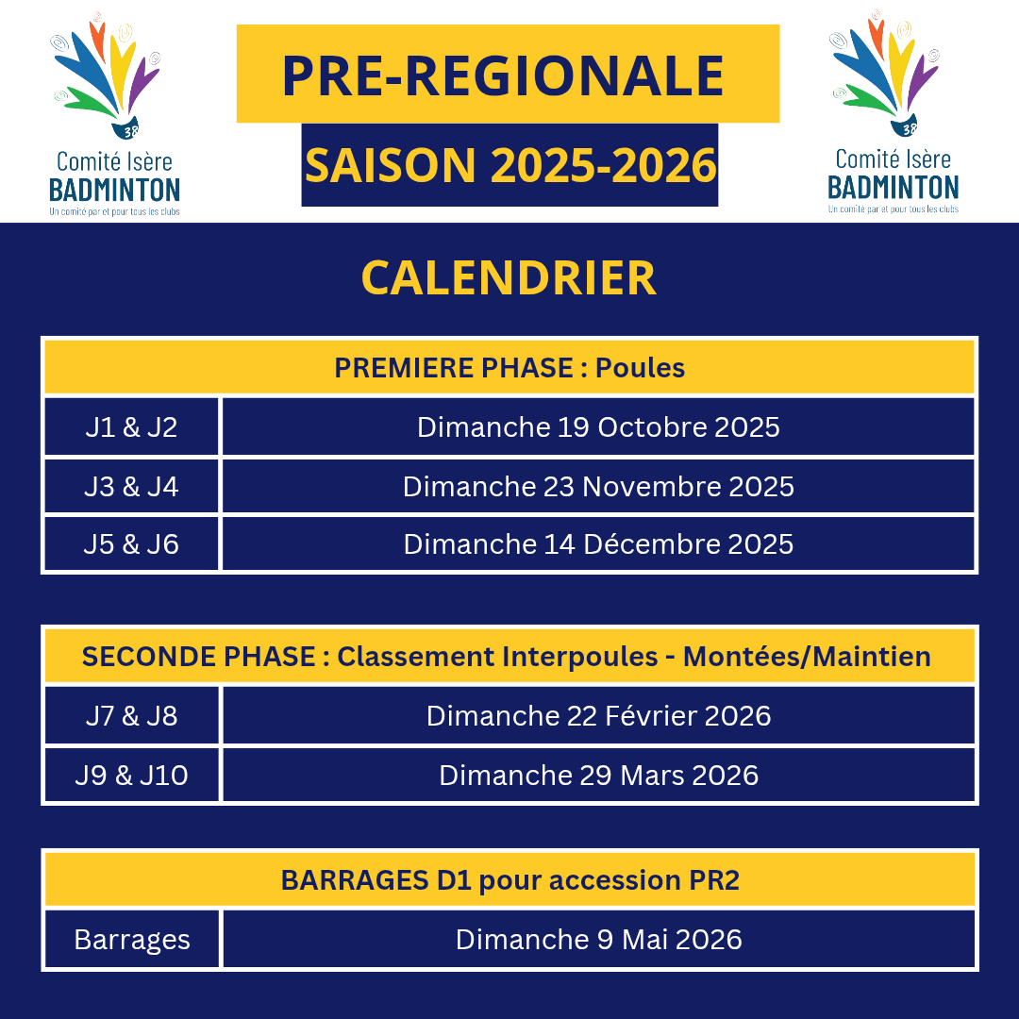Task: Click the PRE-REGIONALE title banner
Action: (x=508, y=74)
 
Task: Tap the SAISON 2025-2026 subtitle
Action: (x=509, y=165)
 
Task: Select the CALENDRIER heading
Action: (x=509, y=278)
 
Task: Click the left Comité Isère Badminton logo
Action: (x=114, y=114)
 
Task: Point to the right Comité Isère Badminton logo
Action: (x=893, y=111)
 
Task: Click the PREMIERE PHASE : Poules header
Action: (x=509, y=368)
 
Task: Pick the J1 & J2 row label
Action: (x=131, y=427)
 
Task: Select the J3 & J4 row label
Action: (x=131, y=487)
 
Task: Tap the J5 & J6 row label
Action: (x=131, y=544)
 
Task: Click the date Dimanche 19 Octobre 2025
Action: (x=598, y=427)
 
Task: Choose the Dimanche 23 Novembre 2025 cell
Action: (x=598, y=487)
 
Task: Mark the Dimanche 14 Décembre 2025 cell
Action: (x=598, y=544)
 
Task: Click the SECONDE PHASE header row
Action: (x=509, y=657)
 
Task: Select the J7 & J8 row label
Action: (x=131, y=715)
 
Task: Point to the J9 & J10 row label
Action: (x=131, y=776)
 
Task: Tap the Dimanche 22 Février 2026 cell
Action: (x=598, y=715)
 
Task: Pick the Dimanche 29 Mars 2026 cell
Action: (x=598, y=776)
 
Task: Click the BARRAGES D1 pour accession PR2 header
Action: (x=509, y=880)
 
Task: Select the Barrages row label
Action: (x=132, y=939)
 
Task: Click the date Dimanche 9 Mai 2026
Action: (x=598, y=939)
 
